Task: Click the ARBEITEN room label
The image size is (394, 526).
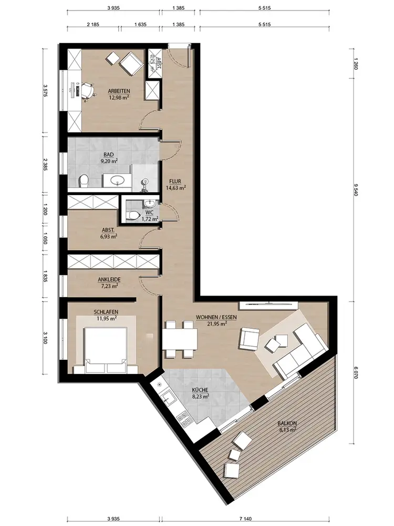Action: (119, 91)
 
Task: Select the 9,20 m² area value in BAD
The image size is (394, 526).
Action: (109, 160)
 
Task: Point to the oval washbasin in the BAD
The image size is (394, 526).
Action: (117, 180)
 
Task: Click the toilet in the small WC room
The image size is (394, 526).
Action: (133, 215)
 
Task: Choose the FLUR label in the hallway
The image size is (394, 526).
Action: (175, 181)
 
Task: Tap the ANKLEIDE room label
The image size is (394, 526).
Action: (109, 279)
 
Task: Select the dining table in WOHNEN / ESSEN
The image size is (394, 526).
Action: (180, 339)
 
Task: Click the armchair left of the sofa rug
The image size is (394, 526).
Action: (249, 338)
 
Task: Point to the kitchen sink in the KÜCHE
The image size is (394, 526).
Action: (167, 398)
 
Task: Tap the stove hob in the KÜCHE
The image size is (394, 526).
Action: (183, 419)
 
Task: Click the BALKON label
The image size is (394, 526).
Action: (287, 423)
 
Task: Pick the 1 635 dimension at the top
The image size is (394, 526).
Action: (140, 25)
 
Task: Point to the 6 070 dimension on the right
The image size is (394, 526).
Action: (356, 372)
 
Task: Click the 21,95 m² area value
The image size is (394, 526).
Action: (216, 323)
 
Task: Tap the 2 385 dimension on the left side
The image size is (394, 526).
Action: (45, 165)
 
